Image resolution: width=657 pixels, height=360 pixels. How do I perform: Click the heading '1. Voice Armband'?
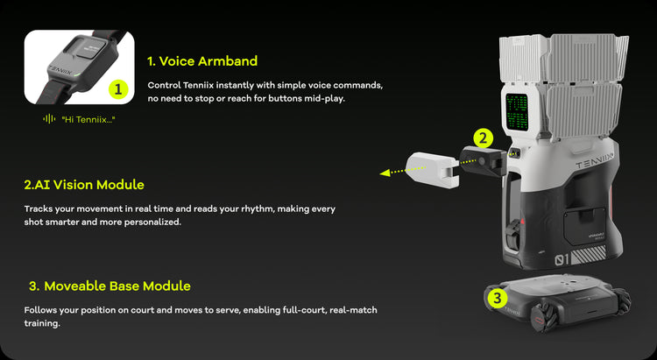pos(202,61)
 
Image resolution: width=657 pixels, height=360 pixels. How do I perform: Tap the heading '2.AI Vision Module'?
pos(84,185)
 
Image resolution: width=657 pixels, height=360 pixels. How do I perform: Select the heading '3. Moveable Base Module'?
pos(109,286)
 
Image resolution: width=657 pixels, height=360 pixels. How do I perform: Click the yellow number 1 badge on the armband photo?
pos(118,88)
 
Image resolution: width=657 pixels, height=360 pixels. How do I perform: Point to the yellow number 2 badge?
pos(483,138)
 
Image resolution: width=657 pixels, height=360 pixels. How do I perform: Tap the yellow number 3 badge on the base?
pos(498,299)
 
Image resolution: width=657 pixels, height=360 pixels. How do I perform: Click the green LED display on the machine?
pos(517,111)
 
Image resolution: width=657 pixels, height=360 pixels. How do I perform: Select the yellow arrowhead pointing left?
pos(385,173)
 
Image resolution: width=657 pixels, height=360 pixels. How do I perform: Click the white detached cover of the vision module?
pos(433,170)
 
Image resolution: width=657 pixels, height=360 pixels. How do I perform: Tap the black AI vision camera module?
pos(483,161)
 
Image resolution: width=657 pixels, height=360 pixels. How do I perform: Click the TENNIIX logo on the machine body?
pos(595,161)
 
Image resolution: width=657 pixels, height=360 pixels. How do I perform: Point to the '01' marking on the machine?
pos(562,260)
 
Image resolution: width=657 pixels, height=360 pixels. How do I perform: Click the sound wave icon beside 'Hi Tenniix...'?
pos(49,119)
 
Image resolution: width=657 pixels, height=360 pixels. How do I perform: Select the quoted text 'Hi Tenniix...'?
pos(88,120)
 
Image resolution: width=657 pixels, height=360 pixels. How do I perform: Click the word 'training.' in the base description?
pos(42,323)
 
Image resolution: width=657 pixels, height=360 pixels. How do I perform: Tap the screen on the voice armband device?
pos(91,48)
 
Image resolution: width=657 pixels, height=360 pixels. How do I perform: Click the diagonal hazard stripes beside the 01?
pos(590,255)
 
